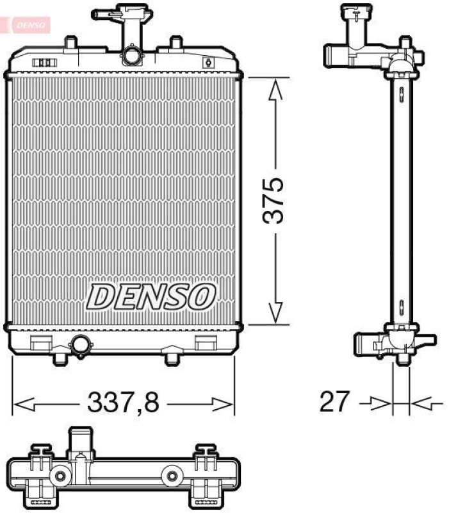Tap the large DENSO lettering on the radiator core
pos(151,296)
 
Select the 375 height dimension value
pos(275,199)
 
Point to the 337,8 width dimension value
pos(122,403)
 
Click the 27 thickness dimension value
pos(336,402)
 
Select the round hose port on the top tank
pos(132,55)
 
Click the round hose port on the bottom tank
pos(81,345)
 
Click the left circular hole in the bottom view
pos(61,476)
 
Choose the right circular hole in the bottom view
pos(172,476)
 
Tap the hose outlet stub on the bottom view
pos(81,442)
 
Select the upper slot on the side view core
pos(400,94)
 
